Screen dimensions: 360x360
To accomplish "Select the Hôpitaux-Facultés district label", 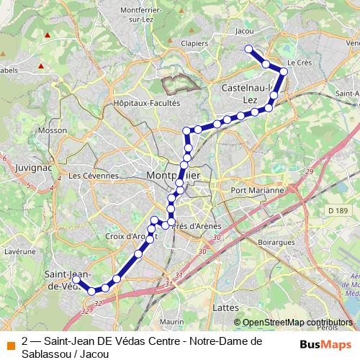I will click(146, 103).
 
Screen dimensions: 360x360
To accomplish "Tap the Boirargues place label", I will click(274, 243).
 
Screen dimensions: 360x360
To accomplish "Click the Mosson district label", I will click(51, 131).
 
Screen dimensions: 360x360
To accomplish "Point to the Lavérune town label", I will click(19, 251).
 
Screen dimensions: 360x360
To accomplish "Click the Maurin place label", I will click(171, 320).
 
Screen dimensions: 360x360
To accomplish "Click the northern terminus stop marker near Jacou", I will click(248, 49).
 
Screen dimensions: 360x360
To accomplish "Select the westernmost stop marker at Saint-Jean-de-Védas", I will click(76, 279).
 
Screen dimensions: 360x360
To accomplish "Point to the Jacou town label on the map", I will click(245, 32).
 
